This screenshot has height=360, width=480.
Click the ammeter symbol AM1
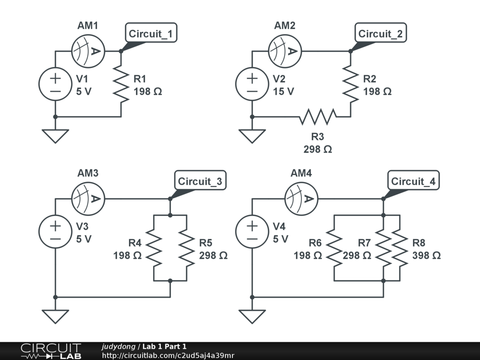click(88, 51)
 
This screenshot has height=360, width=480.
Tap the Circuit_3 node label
click(200, 181)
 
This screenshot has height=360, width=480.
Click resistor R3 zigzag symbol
click(318, 117)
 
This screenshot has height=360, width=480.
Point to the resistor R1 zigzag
click(121, 84)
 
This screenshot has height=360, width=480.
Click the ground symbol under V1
click(55, 135)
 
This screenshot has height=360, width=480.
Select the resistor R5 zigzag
click(187, 248)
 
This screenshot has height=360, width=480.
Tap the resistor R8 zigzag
click(400, 248)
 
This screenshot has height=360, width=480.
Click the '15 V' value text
click(284, 91)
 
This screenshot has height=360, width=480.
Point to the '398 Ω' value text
click(426, 255)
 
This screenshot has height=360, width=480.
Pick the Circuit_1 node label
click(151, 34)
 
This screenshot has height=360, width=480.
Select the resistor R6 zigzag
click(334, 248)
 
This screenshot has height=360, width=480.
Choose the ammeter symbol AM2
click(285, 51)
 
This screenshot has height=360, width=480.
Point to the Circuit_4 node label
click(413, 181)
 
